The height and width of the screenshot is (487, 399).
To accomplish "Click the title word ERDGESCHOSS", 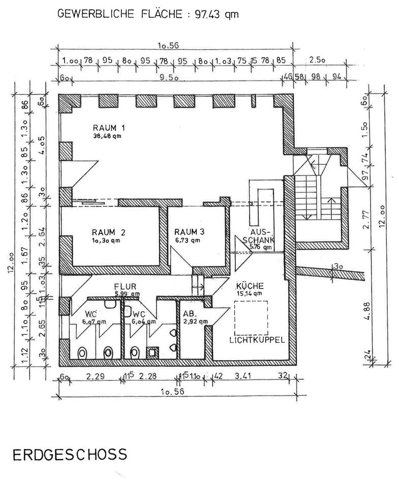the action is point(69,454).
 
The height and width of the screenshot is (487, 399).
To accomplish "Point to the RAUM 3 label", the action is point(189,232).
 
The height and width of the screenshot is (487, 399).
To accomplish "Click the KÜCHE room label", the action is point(249,286).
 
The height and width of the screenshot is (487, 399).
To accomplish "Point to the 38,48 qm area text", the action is point(107,136).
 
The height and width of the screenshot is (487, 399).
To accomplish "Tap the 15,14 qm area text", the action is point(249,293).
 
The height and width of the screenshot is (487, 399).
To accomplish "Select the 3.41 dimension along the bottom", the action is point(249,376).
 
